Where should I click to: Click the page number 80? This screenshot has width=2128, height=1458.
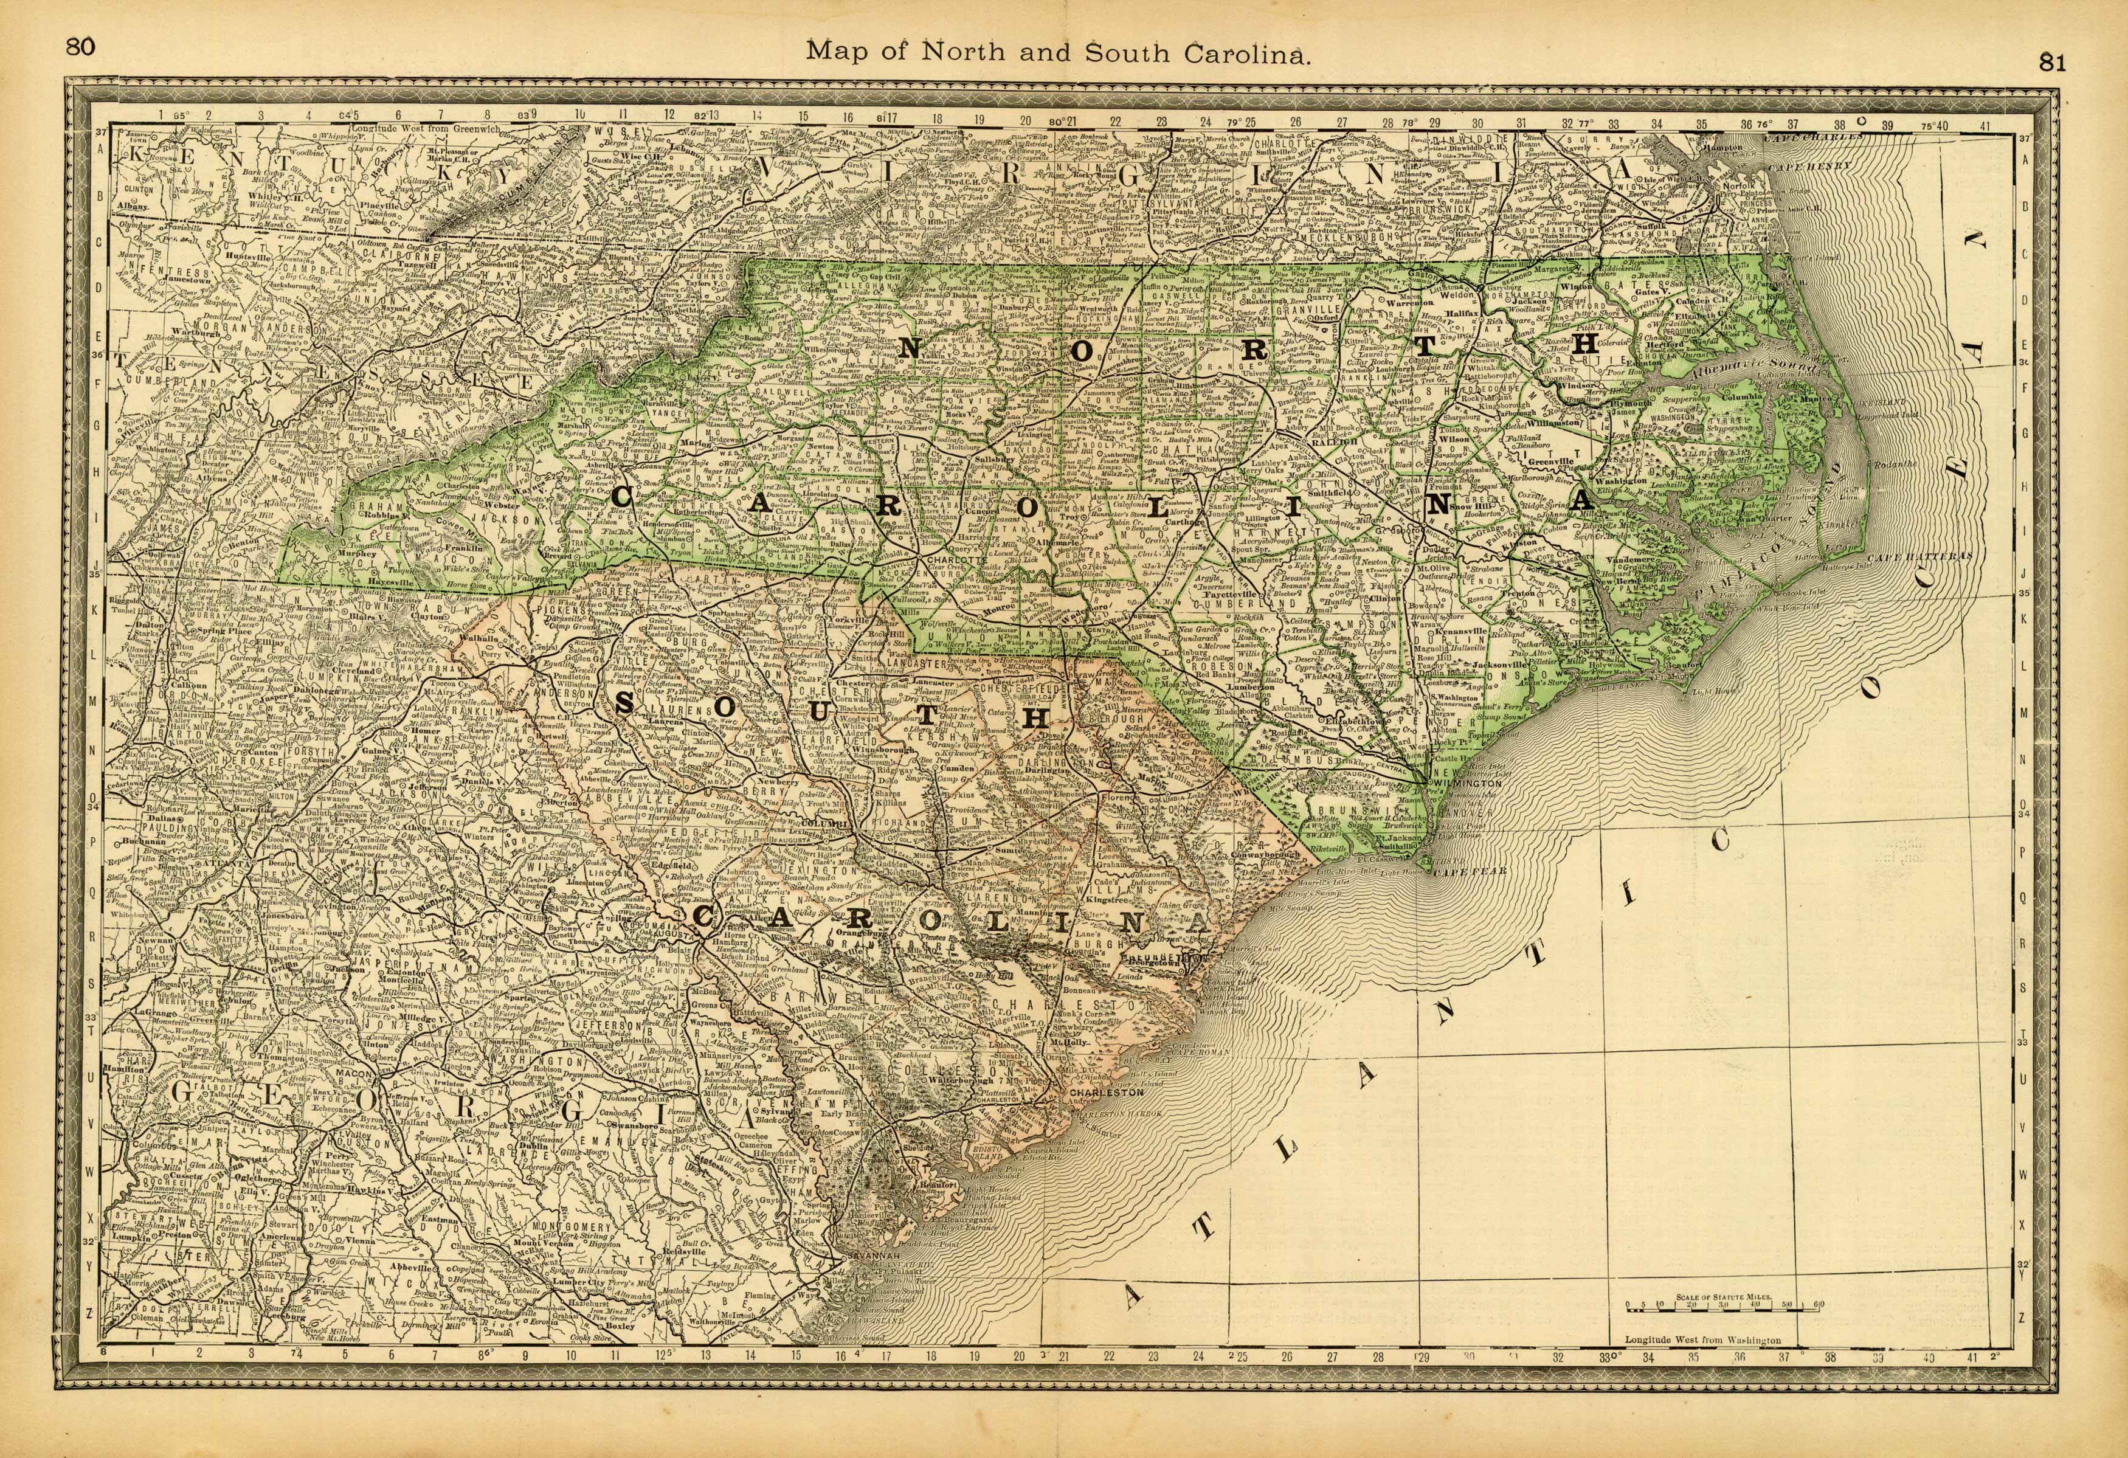pyautogui.click(x=81, y=47)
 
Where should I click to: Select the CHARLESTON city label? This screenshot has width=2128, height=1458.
pyautogui.click(x=1107, y=1093)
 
